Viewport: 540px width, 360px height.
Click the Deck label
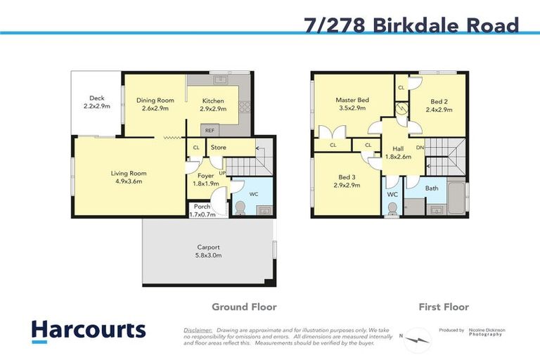tap(97, 98)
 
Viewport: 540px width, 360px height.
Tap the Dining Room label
tap(155, 101)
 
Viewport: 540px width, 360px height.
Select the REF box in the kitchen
tap(210, 131)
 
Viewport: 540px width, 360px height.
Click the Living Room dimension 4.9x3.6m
tap(128, 181)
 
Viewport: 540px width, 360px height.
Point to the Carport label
tap(209, 247)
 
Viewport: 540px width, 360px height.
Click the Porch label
tap(202, 207)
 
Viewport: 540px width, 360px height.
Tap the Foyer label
tap(205, 176)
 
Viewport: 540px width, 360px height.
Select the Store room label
tap(218, 148)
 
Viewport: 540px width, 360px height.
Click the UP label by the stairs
tap(222, 172)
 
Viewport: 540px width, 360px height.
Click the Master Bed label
tap(352, 101)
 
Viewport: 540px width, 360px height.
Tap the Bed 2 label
tap(437, 101)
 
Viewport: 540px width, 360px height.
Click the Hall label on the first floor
tap(397, 149)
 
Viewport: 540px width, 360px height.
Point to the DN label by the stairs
tap(420, 148)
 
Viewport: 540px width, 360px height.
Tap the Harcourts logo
tap(89, 330)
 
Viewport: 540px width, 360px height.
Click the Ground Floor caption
tap(244, 307)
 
